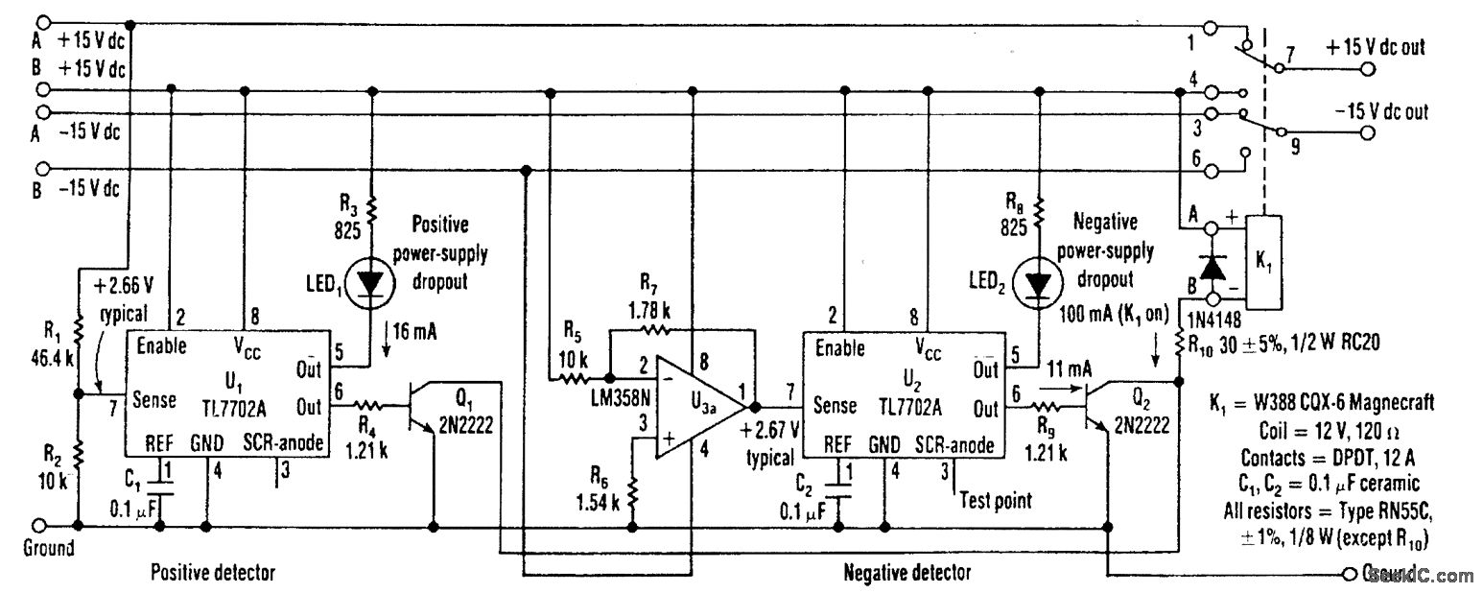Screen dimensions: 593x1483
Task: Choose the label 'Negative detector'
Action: point(906,573)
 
